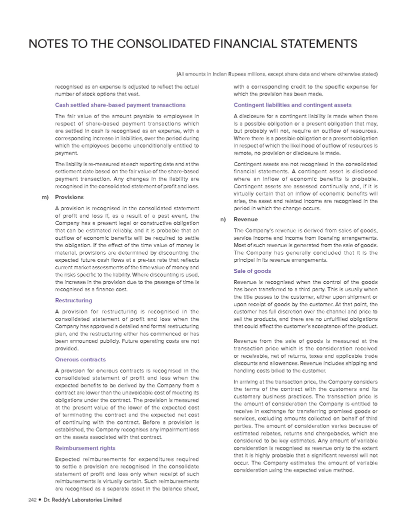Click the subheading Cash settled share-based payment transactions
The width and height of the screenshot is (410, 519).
(x=119, y=105)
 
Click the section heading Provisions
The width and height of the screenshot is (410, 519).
(x=66, y=197)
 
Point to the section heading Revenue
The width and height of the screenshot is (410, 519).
(x=245, y=219)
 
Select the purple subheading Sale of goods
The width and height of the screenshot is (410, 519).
(x=252, y=271)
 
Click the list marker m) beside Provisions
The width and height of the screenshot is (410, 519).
(x=44, y=197)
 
